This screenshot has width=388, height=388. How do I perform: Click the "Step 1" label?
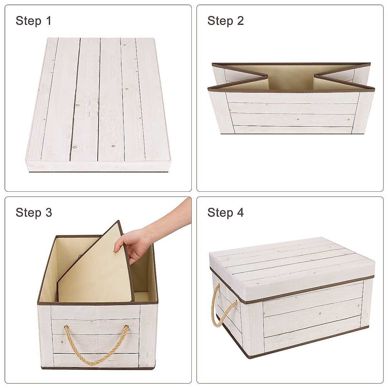[33, 21]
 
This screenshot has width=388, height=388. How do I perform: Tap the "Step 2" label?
[225, 21]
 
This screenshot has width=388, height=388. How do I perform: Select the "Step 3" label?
[34, 212]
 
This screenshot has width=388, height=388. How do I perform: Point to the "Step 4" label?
[225, 212]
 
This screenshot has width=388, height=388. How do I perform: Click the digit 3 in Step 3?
[48, 212]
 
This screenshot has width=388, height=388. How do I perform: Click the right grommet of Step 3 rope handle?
[126, 327]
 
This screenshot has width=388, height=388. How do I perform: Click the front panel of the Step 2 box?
[291, 113]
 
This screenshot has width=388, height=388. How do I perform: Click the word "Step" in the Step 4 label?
[220, 212]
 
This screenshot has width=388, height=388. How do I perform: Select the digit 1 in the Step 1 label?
[48, 21]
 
